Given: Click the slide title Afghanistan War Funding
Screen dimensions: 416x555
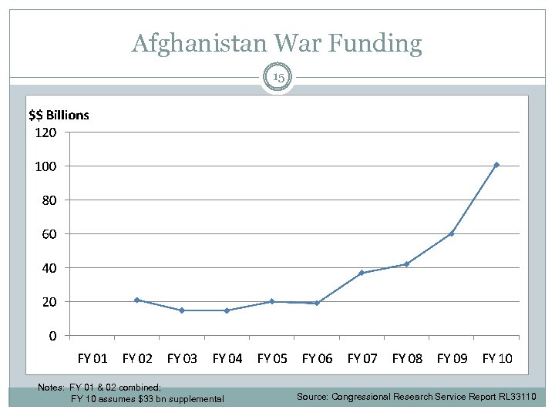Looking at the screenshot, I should [277, 43].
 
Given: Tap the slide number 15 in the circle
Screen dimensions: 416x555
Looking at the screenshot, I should [277, 78].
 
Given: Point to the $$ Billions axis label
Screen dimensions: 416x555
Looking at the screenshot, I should [59, 115].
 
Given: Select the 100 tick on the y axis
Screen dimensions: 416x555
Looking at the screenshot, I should [45, 166].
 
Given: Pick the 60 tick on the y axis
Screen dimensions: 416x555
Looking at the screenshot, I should [49, 233].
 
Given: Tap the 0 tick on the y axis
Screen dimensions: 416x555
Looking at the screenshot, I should [52, 336].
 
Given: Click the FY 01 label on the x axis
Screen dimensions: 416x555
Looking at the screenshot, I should [92, 358].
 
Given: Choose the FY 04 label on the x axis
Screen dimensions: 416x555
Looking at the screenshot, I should [227, 358].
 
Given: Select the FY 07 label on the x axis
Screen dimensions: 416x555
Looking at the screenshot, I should [362, 358].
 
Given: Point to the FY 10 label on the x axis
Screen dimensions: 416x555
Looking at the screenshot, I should [497, 358].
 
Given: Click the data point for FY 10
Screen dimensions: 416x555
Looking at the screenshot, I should [496, 164].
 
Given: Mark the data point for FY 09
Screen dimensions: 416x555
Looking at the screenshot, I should [452, 233].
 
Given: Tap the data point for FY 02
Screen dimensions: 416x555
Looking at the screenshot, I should [137, 300].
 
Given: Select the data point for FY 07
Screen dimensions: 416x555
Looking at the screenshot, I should [362, 273].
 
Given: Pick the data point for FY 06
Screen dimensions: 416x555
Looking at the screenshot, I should [317, 303].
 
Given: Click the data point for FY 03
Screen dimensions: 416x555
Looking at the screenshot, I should [182, 310].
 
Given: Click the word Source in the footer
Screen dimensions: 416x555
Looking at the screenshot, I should [312, 397].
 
